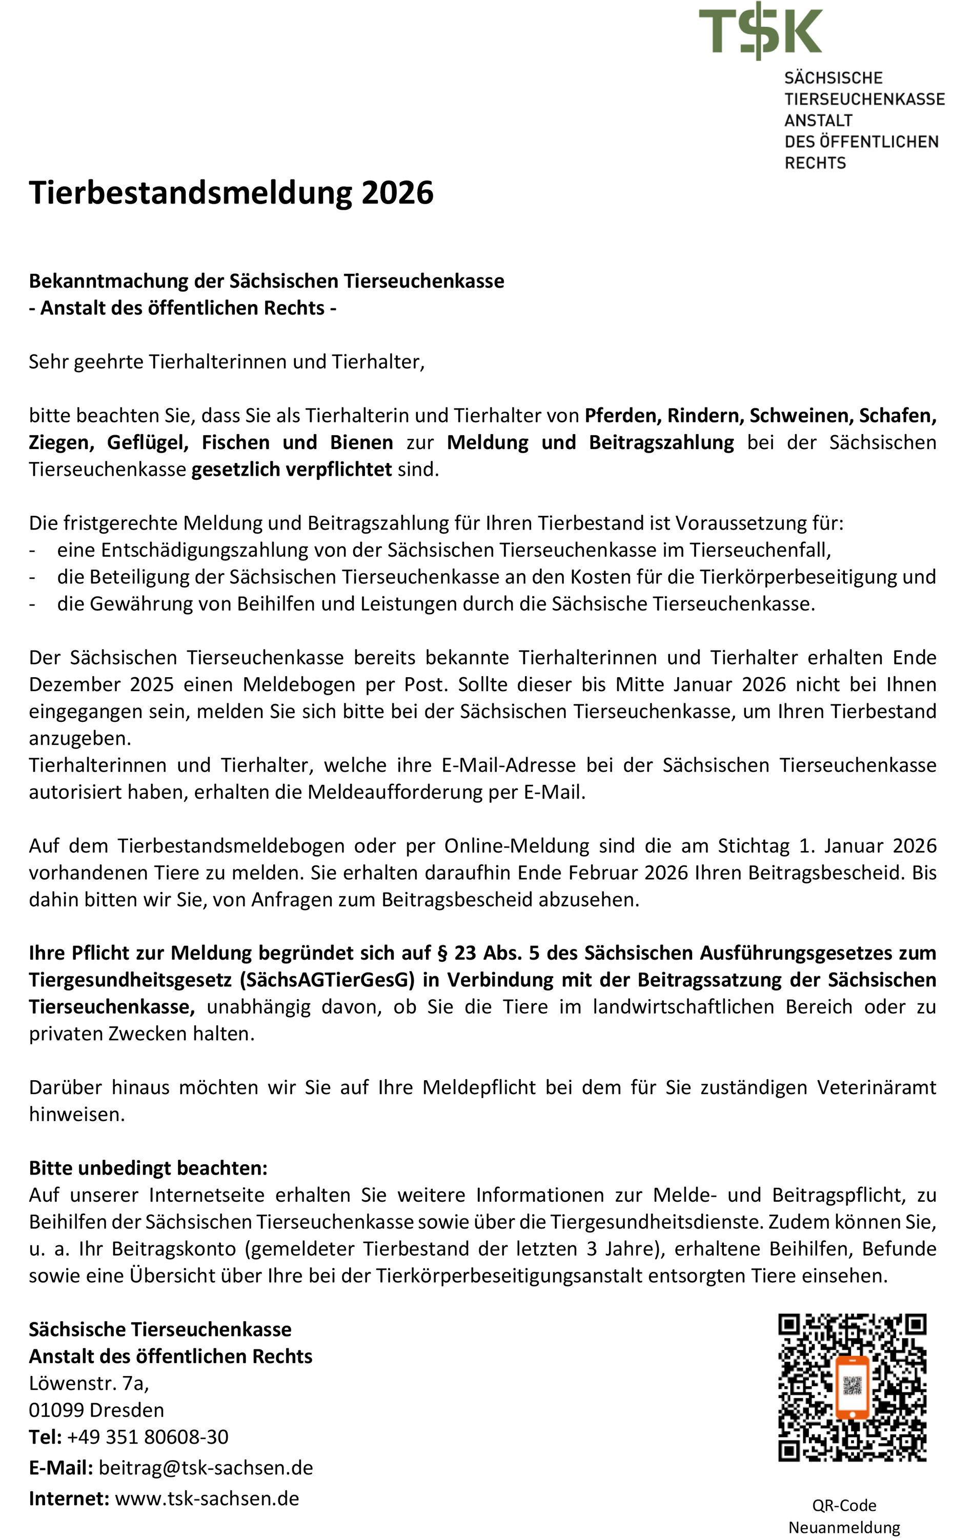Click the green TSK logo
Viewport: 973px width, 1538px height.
click(x=760, y=30)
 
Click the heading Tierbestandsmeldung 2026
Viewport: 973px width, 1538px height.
click(x=231, y=192)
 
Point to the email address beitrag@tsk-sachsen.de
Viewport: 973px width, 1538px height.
click(x=206, y=1467)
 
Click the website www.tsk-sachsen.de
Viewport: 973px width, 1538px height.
click(x=207, y=1498)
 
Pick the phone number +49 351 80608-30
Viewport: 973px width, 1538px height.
click(x=148, y=1436)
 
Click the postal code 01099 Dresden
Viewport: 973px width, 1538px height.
click(x=96, y=1410)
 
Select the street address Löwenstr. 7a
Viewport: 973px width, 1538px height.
click(x=89, y=1383)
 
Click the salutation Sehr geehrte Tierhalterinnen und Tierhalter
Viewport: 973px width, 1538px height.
click(x=226, y=362)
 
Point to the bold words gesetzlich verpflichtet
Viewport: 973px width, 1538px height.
click(x=291, y=470)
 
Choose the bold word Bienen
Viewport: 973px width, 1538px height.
click(x=361, y=442)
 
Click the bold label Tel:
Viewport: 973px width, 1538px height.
click(x=45, y=1436)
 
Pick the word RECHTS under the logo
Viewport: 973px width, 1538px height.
click(x=815, y=163)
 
